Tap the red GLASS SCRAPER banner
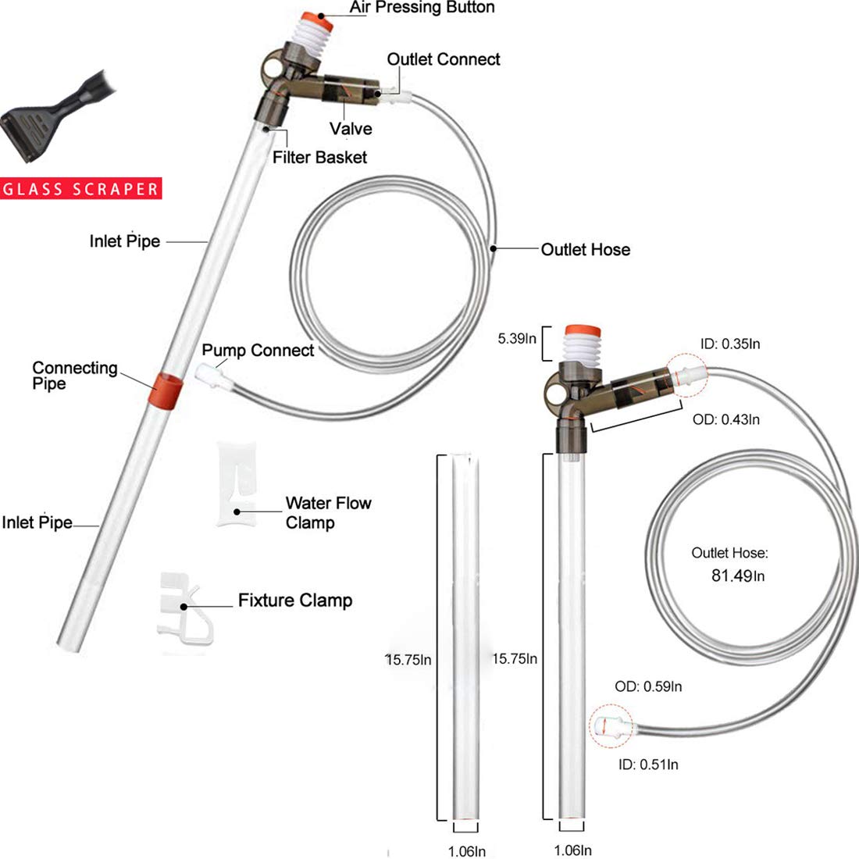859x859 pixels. pos(80,188)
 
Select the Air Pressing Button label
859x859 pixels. pos(422,7)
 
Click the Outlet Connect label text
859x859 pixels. pos(444,59)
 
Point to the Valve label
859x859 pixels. pos(351,129)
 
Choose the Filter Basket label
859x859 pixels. pos(319,157)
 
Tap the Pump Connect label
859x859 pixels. pos(258,350)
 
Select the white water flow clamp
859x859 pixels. pos(236,483)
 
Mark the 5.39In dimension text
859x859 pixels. pos(517,339)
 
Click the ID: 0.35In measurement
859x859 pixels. pos(729,344)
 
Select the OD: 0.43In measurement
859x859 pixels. pos(726,419)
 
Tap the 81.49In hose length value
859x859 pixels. pos(738,576)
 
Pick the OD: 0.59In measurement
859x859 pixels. pos(648,686)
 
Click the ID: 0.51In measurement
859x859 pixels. pos(648,765)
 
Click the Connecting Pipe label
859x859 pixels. pos(75,376)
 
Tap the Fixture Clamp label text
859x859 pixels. pos(294,601)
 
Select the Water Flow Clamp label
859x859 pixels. pos(328,513)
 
